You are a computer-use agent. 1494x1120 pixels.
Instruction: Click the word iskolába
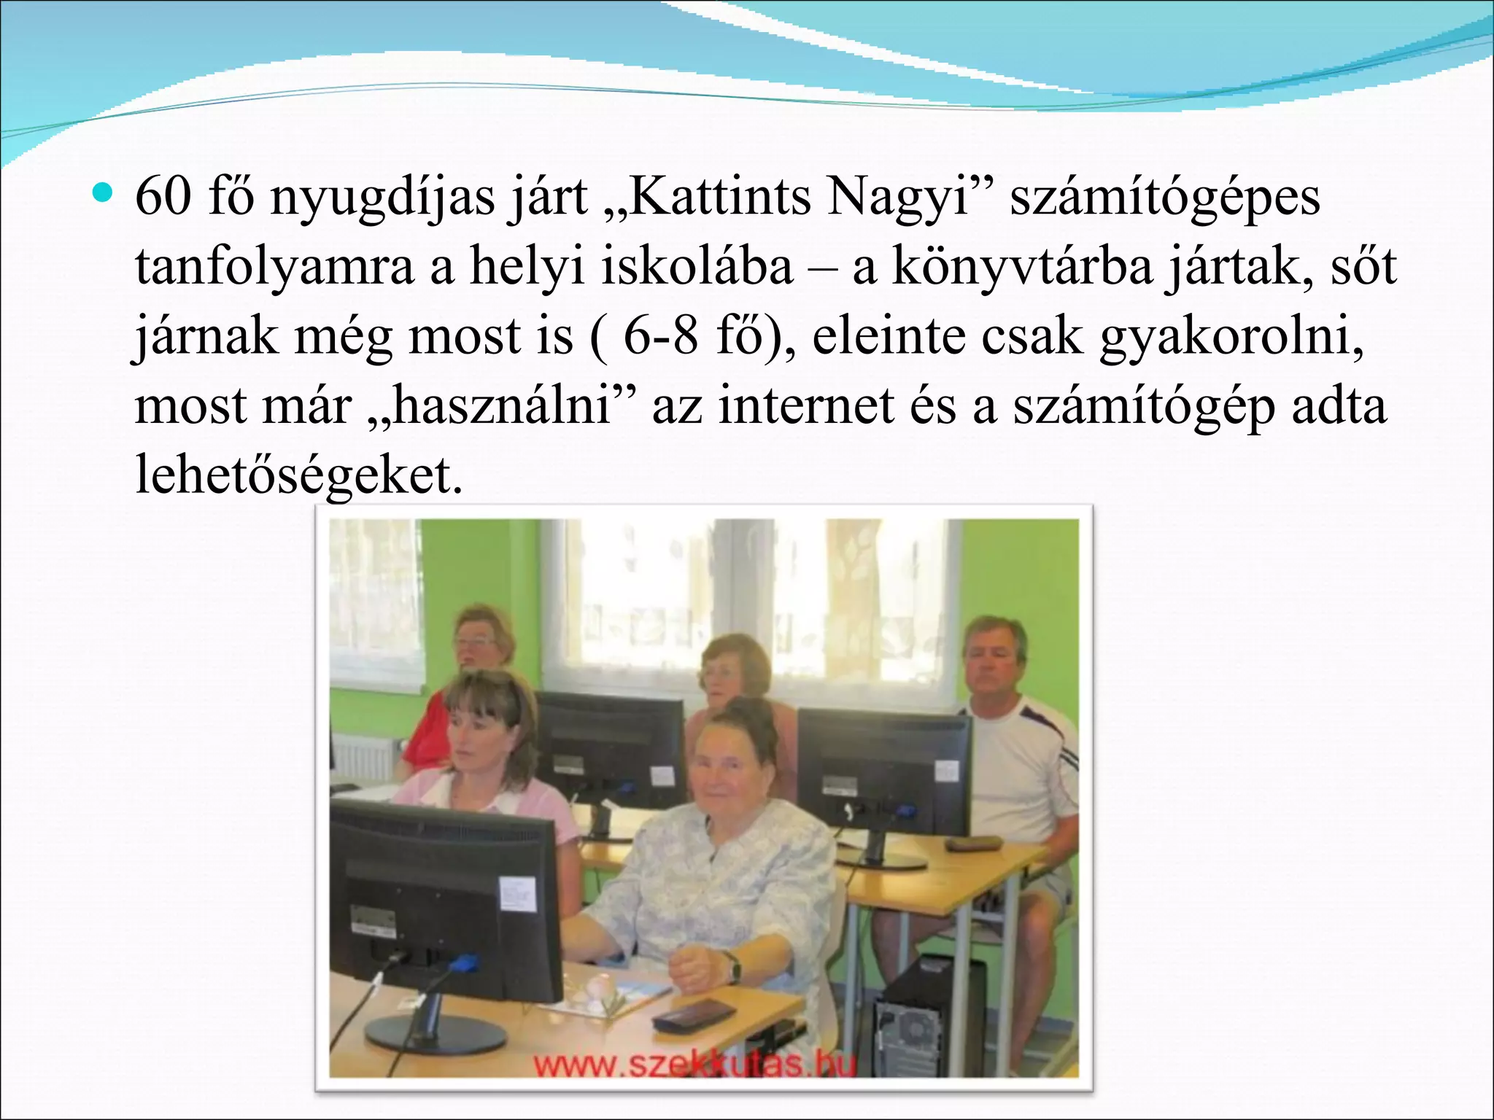pyautogui.click(x=697, y=267)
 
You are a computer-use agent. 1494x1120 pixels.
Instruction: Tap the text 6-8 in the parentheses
pyautogui.click(x=660, y=337)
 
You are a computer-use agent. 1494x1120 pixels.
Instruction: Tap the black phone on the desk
pyautogui.click(x=693, y=1014)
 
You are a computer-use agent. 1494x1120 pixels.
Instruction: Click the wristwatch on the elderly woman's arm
pyautogui.click(x=732, y=967)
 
